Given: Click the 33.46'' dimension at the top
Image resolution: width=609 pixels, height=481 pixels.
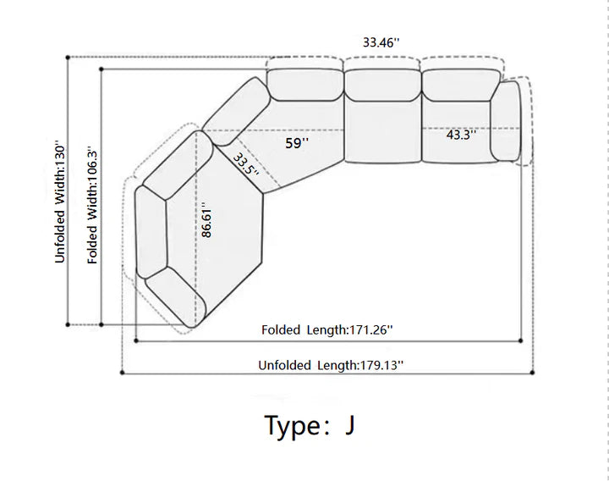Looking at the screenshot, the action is pyautogui.click(x=381, y=42).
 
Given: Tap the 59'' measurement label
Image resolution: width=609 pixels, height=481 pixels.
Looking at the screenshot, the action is pyautogui.click(x=297, y=143).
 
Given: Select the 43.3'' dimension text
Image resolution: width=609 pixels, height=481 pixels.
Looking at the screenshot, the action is pyautogui.click(x=461, y=135).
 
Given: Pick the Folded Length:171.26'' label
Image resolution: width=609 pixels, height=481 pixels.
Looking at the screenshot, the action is pyautogui.click(x=327, y=329).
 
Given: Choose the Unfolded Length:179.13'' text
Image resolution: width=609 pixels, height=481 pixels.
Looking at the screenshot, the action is pyautogui.click(x=331, y=365).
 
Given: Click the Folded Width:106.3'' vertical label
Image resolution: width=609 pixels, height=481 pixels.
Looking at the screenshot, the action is pyautogui.click(x=92, y=205).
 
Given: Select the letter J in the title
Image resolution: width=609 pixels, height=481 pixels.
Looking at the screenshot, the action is pyautogui.click(x=349, y=425).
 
